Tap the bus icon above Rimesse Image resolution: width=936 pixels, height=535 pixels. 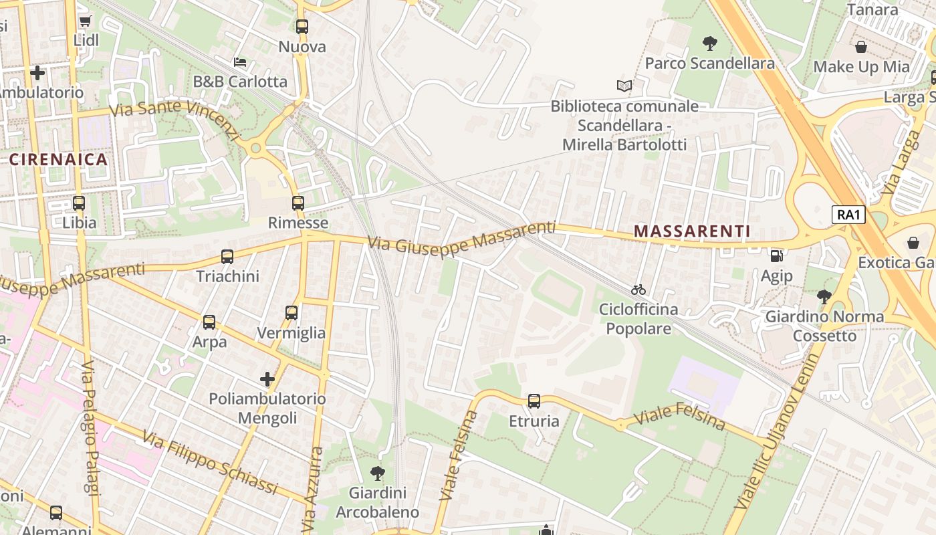click(298, 203)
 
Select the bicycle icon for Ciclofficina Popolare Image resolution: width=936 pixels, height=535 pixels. click(638, 290)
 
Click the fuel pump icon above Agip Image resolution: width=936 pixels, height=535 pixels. click(776, 255)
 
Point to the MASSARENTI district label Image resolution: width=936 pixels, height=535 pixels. click(692, 231)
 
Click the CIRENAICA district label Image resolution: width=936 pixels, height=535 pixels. click(59, 159)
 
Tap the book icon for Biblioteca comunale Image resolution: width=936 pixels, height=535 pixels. click(624, 86)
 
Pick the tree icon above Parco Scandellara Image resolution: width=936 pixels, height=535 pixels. click(710, 43)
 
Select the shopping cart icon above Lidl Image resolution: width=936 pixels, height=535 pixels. click(85, 21)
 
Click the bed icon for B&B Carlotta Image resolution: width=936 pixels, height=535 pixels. click(240, 62)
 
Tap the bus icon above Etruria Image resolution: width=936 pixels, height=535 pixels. click(534, 401)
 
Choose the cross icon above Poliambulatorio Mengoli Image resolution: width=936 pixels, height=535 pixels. click(267, 379)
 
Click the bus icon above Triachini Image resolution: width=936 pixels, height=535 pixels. click(227, 256)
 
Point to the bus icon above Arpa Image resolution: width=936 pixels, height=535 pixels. click(209, 322)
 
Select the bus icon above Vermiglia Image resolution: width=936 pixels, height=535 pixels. click(291, 312)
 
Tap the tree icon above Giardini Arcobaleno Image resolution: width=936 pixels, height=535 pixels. click(377, 473)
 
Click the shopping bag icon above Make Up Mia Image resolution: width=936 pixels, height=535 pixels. click(861, 47)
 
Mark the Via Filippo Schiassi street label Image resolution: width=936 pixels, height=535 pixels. click(209, 463)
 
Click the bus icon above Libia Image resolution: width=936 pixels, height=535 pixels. click(79, 203)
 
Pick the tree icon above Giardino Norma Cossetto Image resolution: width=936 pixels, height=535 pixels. click(824, 296)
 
